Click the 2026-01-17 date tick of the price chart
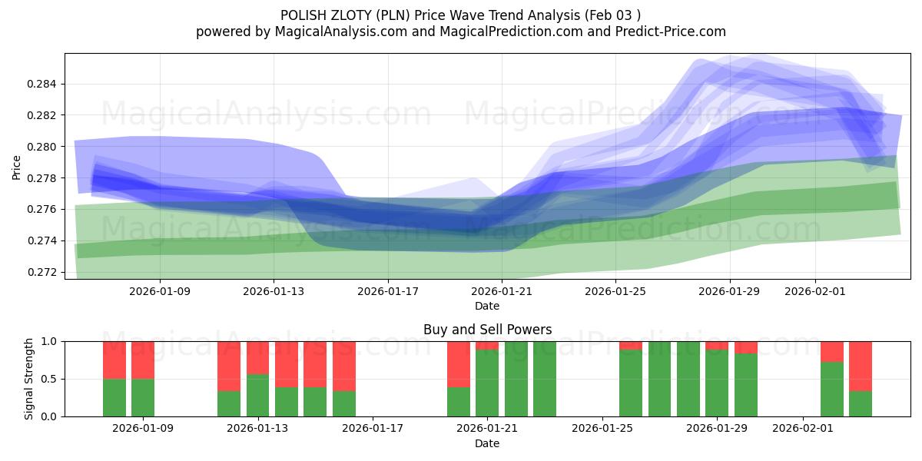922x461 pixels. point(388,291)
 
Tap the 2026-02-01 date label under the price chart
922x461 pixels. point(815,291)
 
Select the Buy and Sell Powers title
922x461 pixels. point(487,330)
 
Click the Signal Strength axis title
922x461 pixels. point(28,379)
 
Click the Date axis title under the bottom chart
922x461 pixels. point(487,443)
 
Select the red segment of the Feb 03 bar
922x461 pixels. point(861,366)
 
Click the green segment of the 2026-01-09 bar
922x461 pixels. point(143,397)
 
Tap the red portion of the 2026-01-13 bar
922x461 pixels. point(258,357)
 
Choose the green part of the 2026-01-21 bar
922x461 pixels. point(487,383)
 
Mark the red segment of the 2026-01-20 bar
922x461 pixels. point(459,363)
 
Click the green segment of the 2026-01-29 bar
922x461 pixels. point(717,383)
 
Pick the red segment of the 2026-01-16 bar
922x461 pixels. point(344,366)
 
